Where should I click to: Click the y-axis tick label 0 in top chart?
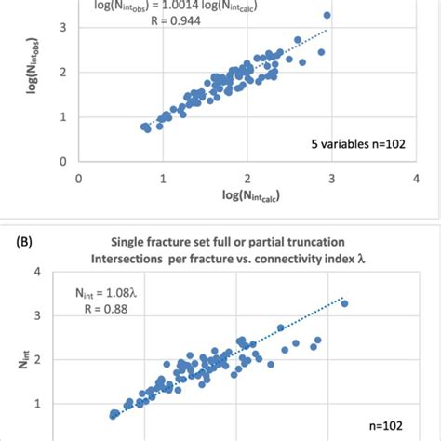63,161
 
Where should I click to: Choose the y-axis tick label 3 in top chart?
63,28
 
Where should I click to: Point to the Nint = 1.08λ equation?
105,292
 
